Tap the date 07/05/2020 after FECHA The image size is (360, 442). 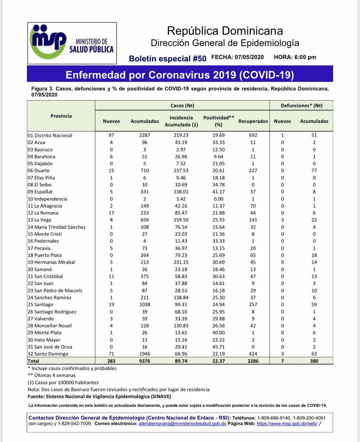pyautogui.click(x=250, y=57)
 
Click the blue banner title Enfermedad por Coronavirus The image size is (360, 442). pyautogui.click(x=180, y=75)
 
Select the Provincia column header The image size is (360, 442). pyautogui.click(x=61, y=116)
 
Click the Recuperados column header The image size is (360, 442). pyautogui.click(x=253, y=121)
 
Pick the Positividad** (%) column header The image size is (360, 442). pyautogui.click(x=219, y=121)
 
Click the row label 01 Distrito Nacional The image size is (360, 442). pyautogui.click(x=50, y=135)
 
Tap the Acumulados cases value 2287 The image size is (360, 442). pyautogui.click(x=145, y=135)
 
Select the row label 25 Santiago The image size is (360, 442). pyautogui.click(x=40, y=305)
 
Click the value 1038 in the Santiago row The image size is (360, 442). pyautogui.click(x=145, y=305)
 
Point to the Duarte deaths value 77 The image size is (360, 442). pyautogui.click(x=314, y=171)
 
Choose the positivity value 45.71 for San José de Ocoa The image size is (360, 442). pyautogui.click(x=219, y=347)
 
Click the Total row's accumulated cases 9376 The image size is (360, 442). pyautogui.click(x=145, y=361)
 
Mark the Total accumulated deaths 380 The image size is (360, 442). pyautogui.click(x=314, y=361)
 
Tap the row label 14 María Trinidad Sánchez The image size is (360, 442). pyautogui.click(x=57, y=227)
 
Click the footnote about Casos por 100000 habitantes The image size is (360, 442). pyautogui.click(x=63, y=382)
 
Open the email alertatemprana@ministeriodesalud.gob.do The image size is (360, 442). pyautogui.click(x=182, y=424)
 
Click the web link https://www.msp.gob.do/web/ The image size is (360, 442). pyautogui.click(x=287, y=424)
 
